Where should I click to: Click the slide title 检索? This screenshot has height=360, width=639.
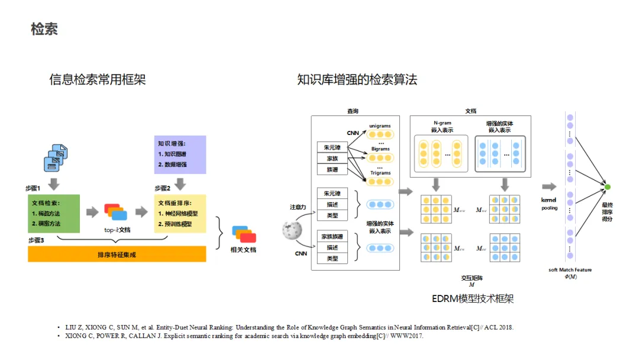point(44,29)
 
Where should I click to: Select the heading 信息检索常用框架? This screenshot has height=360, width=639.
point(98,79)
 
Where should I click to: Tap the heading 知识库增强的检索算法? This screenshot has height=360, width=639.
point(357,79)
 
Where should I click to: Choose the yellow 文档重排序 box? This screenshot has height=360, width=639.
point(180,213)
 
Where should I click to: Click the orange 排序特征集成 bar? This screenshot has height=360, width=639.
point(117,254)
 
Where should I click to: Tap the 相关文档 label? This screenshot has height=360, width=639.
point(243,250)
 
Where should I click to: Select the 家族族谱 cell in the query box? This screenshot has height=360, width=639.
point(333,236)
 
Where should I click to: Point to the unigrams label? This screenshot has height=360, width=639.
point(380,126)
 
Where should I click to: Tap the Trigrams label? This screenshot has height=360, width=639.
point(380,173)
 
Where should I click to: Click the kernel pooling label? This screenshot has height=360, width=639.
point(549,204)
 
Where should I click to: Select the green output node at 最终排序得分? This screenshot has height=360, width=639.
point(607,187)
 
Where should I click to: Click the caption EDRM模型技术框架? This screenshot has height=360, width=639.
point(472,299)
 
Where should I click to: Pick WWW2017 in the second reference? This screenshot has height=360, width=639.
point(407,336)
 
